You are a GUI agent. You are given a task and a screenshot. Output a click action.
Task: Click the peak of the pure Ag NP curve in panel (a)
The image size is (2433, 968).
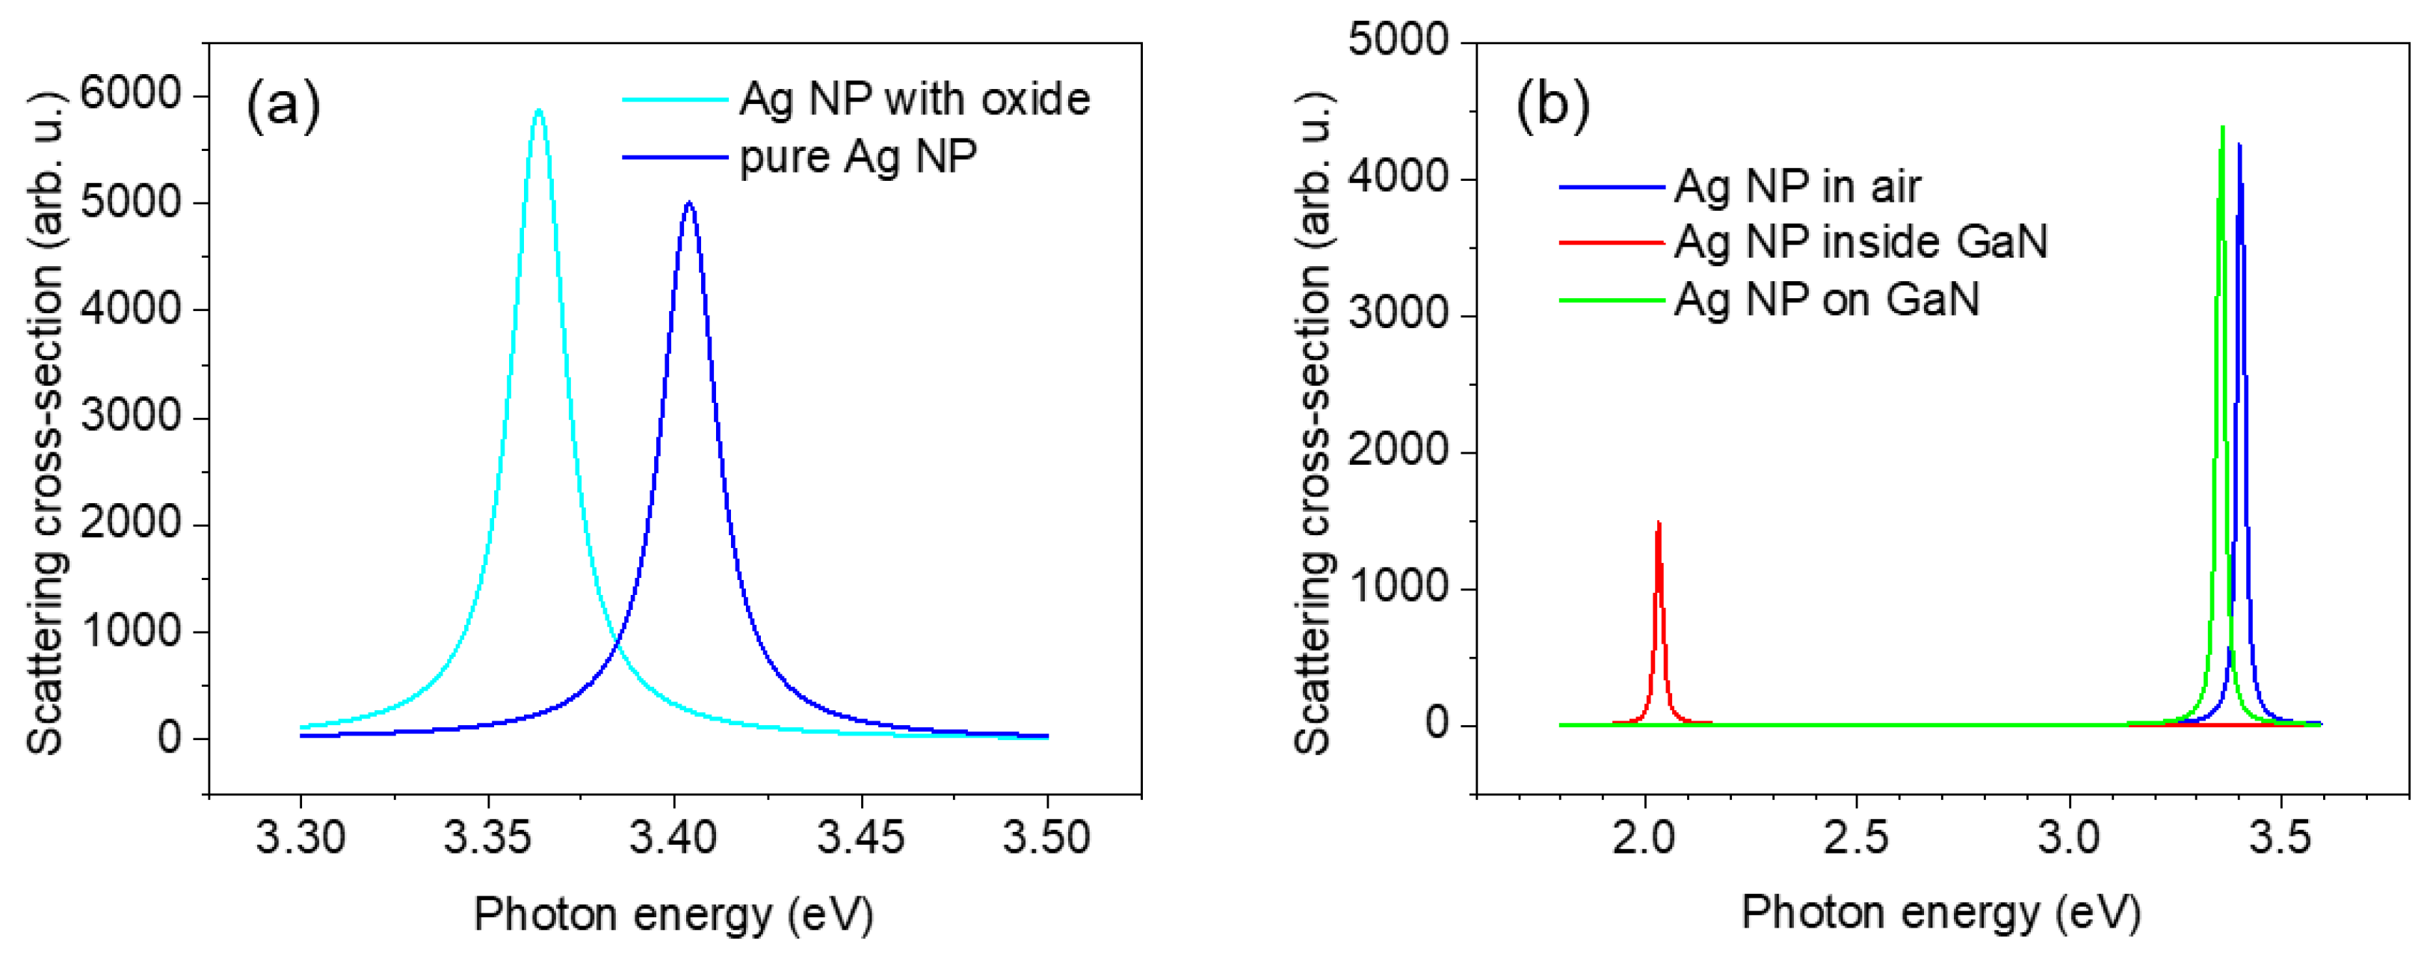(688, 203)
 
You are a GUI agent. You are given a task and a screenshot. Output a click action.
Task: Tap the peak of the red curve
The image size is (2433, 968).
(1659, 523)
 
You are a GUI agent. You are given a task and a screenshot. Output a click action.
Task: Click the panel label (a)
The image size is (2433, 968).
(283, 104)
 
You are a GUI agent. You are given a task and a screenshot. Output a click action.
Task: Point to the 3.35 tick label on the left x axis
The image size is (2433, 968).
(487, 838)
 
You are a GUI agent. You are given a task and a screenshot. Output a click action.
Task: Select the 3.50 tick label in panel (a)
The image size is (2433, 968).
(1046, 838)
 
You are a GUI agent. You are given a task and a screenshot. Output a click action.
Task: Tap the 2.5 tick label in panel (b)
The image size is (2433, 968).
(1856, 838)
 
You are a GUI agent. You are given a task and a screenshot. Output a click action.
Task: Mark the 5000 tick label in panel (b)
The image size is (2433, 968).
(1398, 42)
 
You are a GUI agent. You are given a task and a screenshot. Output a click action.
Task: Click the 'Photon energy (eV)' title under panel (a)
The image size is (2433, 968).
(673, 914)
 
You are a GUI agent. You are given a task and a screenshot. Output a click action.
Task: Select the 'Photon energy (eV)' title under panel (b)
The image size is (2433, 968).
(1941, 912)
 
